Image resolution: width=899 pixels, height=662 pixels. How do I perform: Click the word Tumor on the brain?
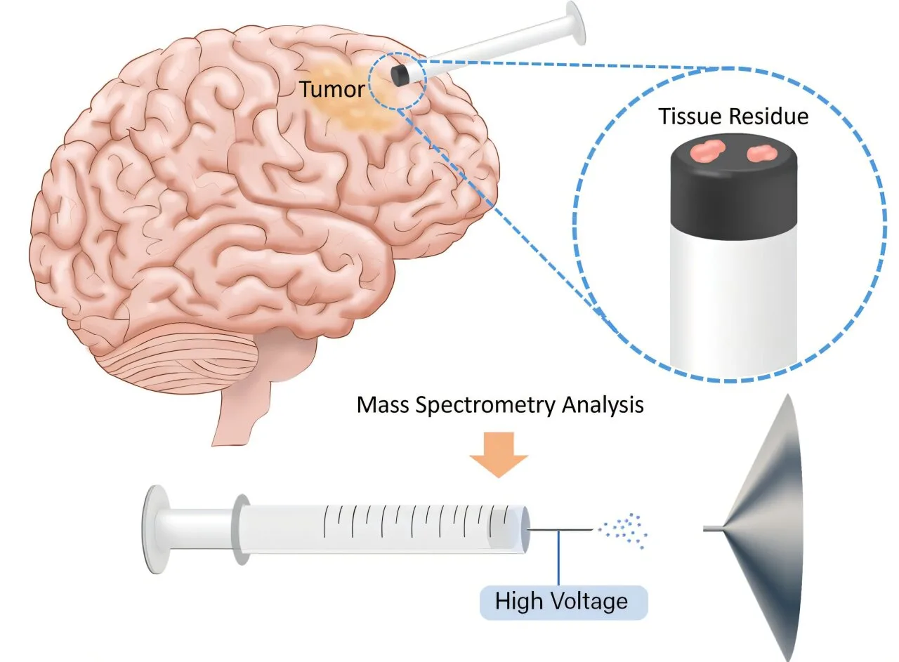tap(332, 88)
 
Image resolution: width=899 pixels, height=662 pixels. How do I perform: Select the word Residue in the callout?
tap(768, 117)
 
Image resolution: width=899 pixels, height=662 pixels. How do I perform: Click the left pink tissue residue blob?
tap(707, 151)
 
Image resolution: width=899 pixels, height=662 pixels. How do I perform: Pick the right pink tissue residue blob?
tap(762, 153)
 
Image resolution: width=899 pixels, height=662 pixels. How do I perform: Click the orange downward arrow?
tap(499, 454)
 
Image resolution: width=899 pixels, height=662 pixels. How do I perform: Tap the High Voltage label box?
tap(563, 602)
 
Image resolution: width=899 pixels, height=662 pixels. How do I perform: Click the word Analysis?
tap(603, 404)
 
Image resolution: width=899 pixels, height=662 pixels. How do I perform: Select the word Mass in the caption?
tap(383, 404)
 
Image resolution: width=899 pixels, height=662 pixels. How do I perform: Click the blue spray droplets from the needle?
tap(623, 531)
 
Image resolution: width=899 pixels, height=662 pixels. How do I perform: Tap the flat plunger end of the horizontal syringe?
tap(156, 529)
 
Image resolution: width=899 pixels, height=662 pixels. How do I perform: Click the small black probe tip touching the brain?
tap(400, 75)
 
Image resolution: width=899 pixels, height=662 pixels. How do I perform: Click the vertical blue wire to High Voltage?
tap(558, 558)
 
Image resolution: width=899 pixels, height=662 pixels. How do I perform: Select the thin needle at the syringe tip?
tap(560, 530)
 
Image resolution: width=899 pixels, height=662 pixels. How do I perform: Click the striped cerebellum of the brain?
tap(178, 359)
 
